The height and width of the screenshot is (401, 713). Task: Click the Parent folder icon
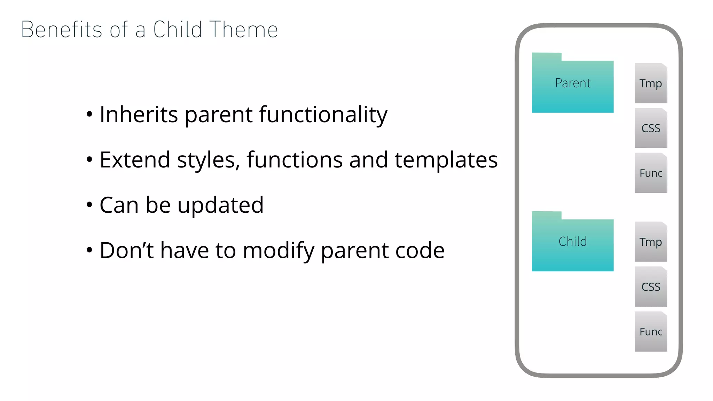573,85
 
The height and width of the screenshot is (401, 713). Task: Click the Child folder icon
573,244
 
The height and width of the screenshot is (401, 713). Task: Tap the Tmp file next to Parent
651,84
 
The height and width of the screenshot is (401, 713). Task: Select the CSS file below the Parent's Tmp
651,128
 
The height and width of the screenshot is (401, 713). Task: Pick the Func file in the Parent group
651,173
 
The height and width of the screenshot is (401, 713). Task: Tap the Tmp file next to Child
651,242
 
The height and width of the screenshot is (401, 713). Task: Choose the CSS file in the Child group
651,287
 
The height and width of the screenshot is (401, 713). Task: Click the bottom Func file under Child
651,332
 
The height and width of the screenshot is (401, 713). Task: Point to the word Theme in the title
244,30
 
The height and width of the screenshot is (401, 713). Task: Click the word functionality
323,115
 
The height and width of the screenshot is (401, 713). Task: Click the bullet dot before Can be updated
89,205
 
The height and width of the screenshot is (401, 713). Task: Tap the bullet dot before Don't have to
89,250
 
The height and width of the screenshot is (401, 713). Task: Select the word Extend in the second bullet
135,160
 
